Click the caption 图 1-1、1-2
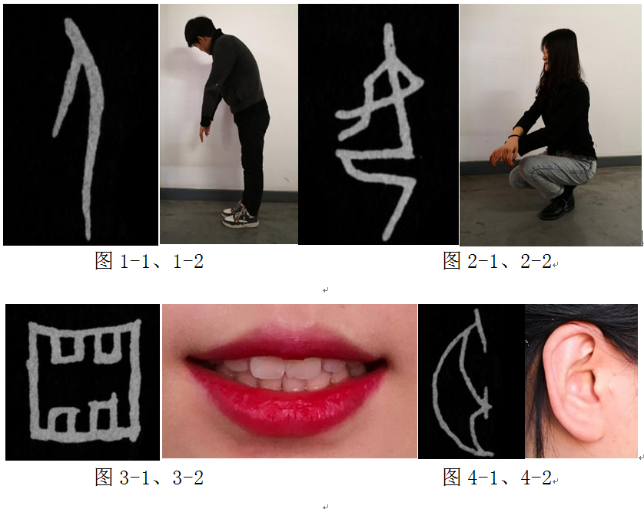149,261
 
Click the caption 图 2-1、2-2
497,261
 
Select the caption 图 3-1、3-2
149,478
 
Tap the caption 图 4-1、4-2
497,478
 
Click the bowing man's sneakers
241,215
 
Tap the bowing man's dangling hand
203,134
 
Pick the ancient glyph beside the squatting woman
380,131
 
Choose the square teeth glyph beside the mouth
85,381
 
